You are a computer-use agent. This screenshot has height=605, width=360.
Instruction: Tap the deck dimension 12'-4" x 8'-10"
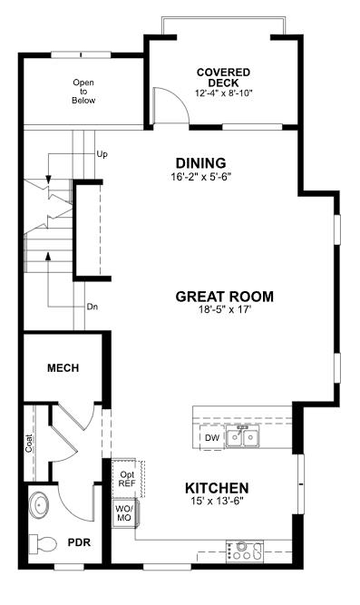click(223, 93)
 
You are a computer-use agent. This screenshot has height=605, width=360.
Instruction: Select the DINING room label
click(200, 163)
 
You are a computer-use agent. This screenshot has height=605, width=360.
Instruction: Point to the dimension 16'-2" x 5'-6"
click(200, 177)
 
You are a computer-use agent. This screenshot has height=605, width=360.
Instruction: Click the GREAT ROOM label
click(224, 296)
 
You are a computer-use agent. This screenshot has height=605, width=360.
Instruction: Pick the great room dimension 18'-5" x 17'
click(224, 310)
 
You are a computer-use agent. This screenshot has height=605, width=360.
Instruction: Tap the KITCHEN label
click(217, 487)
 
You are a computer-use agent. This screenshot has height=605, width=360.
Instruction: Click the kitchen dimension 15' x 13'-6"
click(217, 502)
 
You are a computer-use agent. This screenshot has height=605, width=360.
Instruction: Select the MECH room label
click(63, 368)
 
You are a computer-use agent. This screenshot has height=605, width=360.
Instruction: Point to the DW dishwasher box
click(211, 439)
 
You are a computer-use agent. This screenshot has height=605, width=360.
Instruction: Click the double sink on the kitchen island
click(243, 438)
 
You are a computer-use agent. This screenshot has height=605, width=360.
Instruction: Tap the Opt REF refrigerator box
click(125, 478)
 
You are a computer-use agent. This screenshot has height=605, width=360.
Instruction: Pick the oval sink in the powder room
click(40, 504)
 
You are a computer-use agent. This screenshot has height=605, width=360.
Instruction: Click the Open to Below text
click(83, 91)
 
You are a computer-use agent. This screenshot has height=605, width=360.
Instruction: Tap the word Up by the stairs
click(102, 154)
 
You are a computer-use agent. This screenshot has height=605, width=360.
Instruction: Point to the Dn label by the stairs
click(92, 307)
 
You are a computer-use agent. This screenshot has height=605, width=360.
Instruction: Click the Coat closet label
click(29, 444)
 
